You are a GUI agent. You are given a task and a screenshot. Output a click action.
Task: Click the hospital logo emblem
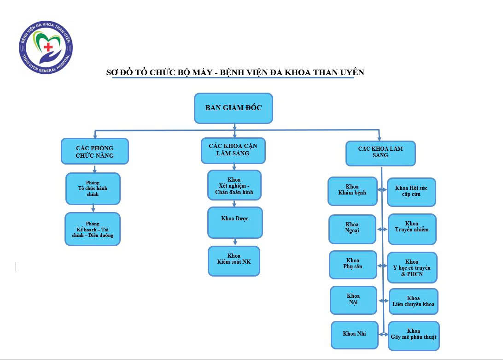tap(46, 46)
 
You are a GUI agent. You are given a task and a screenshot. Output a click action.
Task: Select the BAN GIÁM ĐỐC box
tap(234, 108)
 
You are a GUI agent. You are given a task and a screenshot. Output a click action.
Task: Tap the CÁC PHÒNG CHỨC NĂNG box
tap(94, 151)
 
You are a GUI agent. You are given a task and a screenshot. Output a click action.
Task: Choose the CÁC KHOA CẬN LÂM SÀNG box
tap(233, 150)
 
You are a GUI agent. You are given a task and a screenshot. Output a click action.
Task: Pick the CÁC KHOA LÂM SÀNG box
tap(380, 153)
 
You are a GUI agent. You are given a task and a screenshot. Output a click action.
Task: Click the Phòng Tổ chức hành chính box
tap(93, 189)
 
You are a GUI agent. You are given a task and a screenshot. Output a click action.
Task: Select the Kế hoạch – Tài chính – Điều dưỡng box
tap(93, 229)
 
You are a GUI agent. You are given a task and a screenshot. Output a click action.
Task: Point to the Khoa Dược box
tap(235, 222)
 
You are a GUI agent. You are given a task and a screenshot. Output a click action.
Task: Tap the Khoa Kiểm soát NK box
tap(234, 261)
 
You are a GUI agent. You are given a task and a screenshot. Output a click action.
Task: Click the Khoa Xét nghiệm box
tap(234, 185)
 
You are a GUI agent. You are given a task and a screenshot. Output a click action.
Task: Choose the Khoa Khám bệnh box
tap(352, 191)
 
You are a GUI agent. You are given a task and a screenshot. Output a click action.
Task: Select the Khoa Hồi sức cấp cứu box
tap(411, 192)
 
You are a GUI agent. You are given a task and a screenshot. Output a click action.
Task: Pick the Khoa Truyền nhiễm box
tap(412, 229)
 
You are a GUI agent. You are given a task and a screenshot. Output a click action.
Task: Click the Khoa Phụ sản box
tap(353, 265)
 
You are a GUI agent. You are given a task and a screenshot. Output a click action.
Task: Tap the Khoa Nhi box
tap(354, 334)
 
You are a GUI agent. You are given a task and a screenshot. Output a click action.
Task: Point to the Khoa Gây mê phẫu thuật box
tap(414, 335)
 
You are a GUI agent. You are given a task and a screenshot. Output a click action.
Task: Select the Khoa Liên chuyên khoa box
tap(413, 301)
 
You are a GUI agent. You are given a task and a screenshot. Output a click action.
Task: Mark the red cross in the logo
tap(47, 47)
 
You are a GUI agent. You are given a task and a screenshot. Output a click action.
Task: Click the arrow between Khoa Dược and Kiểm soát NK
tap(235, 242)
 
